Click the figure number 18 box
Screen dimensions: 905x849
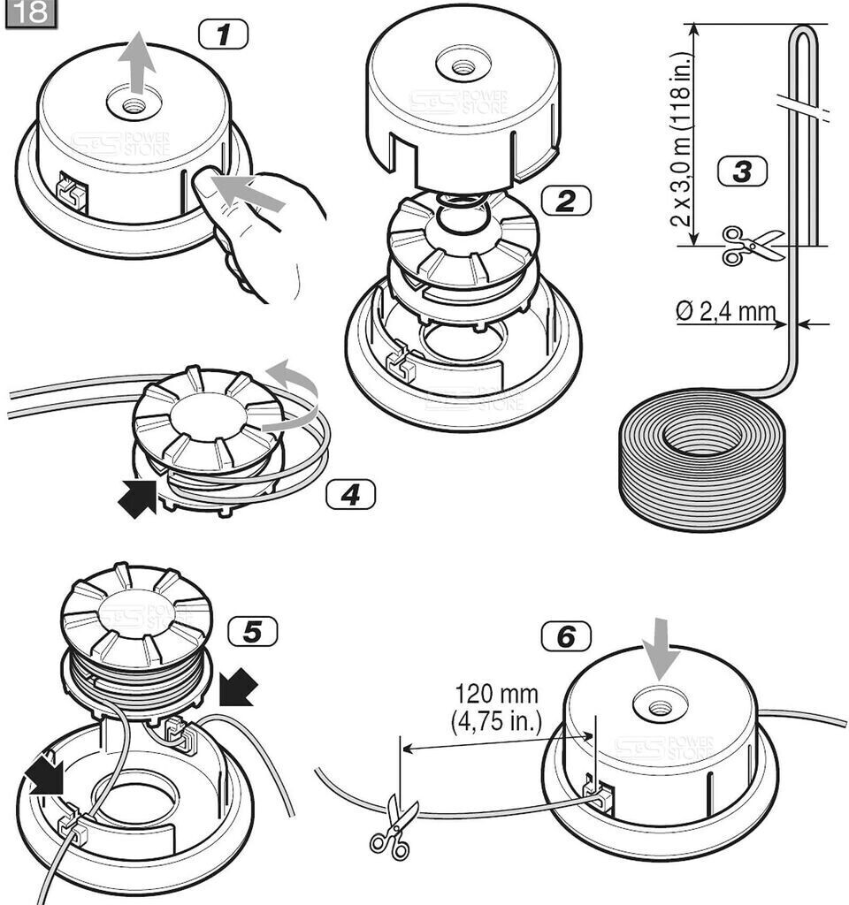pyautogui.click(x=32, y=14)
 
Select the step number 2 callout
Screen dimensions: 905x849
pyautogui.click(x=566, y=201)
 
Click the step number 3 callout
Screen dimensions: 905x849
pyautogui.click(x=741, y=171)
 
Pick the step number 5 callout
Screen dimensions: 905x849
pyautogui.click(x=252, y=631)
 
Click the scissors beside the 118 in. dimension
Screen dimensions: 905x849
pyautogui.click(x=750, y=245)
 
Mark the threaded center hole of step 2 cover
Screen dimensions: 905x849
pyautogui.click(x=460, y=67)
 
